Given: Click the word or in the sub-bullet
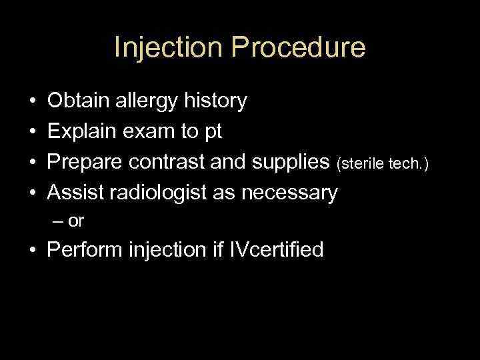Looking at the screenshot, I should (76, 222).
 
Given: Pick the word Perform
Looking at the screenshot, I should (84, 250).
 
